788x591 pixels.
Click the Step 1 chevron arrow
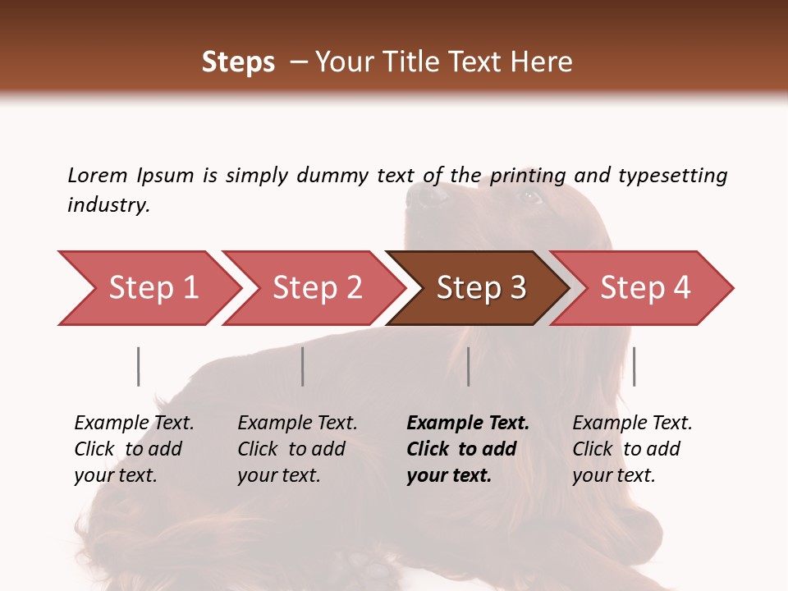click(148, 288)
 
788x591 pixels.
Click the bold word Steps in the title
click(238, 62)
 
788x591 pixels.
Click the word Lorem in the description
click(98, 175)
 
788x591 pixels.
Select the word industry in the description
click(108, 205)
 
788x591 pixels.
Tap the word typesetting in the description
click(672, 176)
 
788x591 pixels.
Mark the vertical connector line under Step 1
click(139, 366)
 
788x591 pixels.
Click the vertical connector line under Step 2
click(303, 366)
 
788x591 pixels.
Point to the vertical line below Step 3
click(469, 366)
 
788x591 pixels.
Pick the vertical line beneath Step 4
click(635, 366)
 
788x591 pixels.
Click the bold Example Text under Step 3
click(468, 424)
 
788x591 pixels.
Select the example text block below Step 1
click(134, 449)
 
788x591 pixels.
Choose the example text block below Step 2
click(297, 449)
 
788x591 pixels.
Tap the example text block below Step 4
click(632, 449)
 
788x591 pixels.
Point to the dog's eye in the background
click(529, 197)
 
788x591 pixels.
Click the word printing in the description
click(527, 176)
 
